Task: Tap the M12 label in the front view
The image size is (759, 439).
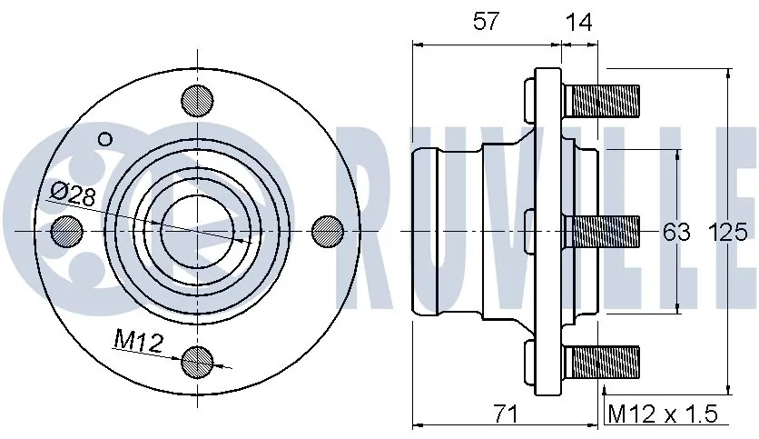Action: click(x=137, y=342)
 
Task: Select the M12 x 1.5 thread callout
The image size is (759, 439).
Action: click(x=662, y=414)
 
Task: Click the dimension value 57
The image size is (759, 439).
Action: click(x=486, y=22)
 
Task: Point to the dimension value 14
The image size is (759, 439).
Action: click(x=578, y=22)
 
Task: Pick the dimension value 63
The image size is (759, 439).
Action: click(x=676, y=233)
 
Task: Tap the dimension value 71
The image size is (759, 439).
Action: click(x=505, y=414)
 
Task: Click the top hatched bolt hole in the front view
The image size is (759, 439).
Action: click(x=197, y=99)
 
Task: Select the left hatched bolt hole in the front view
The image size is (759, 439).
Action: click(x=66, y=231)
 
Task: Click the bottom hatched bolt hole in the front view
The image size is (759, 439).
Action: click(x=197, y=362)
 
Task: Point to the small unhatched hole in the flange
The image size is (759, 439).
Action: click(x=104, y=139)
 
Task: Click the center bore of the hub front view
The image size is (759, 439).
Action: click(x=197, y=231)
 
